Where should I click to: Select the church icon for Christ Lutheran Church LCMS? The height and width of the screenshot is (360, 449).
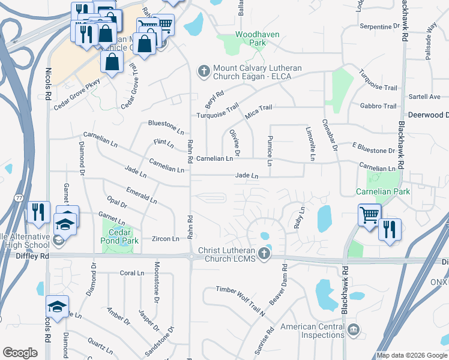point(265,254)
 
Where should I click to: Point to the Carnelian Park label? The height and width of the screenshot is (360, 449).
point(383,192)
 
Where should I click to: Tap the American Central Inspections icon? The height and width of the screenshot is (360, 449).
point(354,329)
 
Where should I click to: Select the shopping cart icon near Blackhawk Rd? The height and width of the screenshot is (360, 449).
point(369,214)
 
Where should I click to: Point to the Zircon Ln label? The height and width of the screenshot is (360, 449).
point(166,239)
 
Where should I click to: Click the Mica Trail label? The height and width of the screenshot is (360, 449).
point(259,108)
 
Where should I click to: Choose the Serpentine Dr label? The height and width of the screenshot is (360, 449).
point(379,26)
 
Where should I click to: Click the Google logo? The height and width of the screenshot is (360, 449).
point(20,352)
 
